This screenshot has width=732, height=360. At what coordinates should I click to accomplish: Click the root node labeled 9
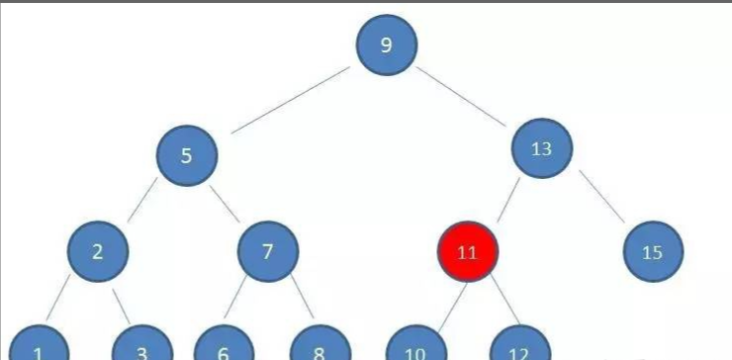pos(386,45)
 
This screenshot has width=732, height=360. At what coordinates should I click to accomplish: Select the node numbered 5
pos(186,155)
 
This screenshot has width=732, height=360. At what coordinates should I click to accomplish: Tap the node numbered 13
pos(541,149)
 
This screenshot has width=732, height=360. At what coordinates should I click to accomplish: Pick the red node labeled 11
pos(468,252)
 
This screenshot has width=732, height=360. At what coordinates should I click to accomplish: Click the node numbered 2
pos(97,251)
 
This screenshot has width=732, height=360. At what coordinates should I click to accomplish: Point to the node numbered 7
pos(267,251)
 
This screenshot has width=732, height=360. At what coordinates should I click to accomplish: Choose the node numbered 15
pos(653,252)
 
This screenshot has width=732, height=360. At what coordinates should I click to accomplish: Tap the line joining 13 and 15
pos(601,198)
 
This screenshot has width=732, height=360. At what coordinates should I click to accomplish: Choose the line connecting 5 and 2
pos(142,203)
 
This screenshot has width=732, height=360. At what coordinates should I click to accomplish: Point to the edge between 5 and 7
pos(226,202)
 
